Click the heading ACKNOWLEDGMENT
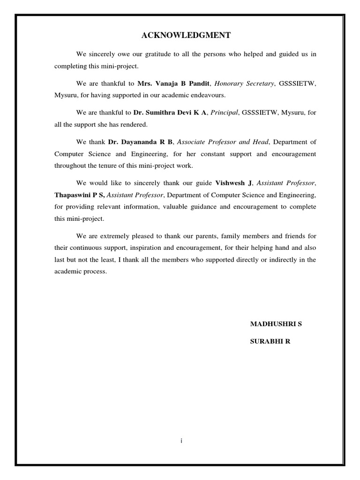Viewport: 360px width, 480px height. (180, 35)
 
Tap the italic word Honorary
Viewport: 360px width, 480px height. (228, 83)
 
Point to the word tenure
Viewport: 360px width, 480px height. (102, 165)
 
